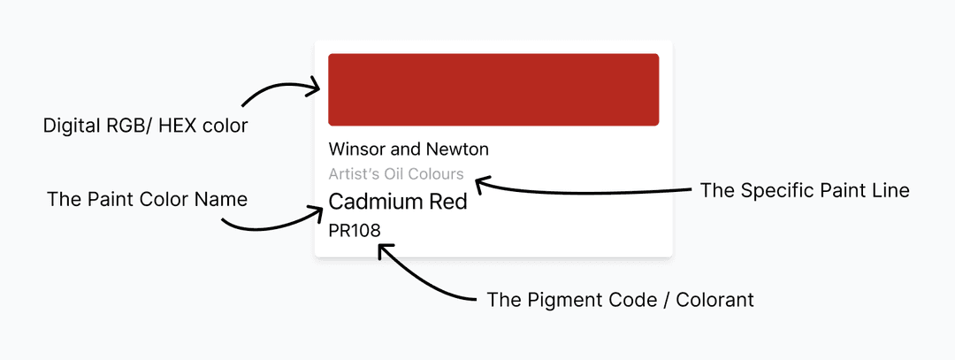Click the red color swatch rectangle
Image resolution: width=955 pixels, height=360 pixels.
pyautogui.click(x=493, y=89)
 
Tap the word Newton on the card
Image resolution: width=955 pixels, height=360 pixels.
pyautogui.click(x=457, y=149)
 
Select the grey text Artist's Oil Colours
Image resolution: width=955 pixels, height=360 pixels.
pyautogui.click(x=395, y=174)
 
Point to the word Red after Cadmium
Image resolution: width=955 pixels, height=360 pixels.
pyautogui.click(x=448, y=202)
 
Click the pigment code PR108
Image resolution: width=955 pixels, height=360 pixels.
pyautogui.click(x=354, y=231)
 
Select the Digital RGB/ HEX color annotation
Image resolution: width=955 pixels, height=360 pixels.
pyautogui.click(x=145, y=126)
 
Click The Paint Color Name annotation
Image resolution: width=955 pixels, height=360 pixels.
pyautogui.click(x=147, y=200)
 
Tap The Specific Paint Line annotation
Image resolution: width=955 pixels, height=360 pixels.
pyautogui.click(x=804, y=190)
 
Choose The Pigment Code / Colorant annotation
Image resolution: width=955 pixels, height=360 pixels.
pyautogui.click(x=620, y=300)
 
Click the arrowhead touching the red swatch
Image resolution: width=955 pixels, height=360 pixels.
pyautogui.click(x=314, y=87)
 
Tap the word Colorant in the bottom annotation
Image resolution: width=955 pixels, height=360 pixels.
pyautogui.click(x=714, y=300)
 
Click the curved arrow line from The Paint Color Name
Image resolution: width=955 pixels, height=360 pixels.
pyautogui.click(x=265, y=226)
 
